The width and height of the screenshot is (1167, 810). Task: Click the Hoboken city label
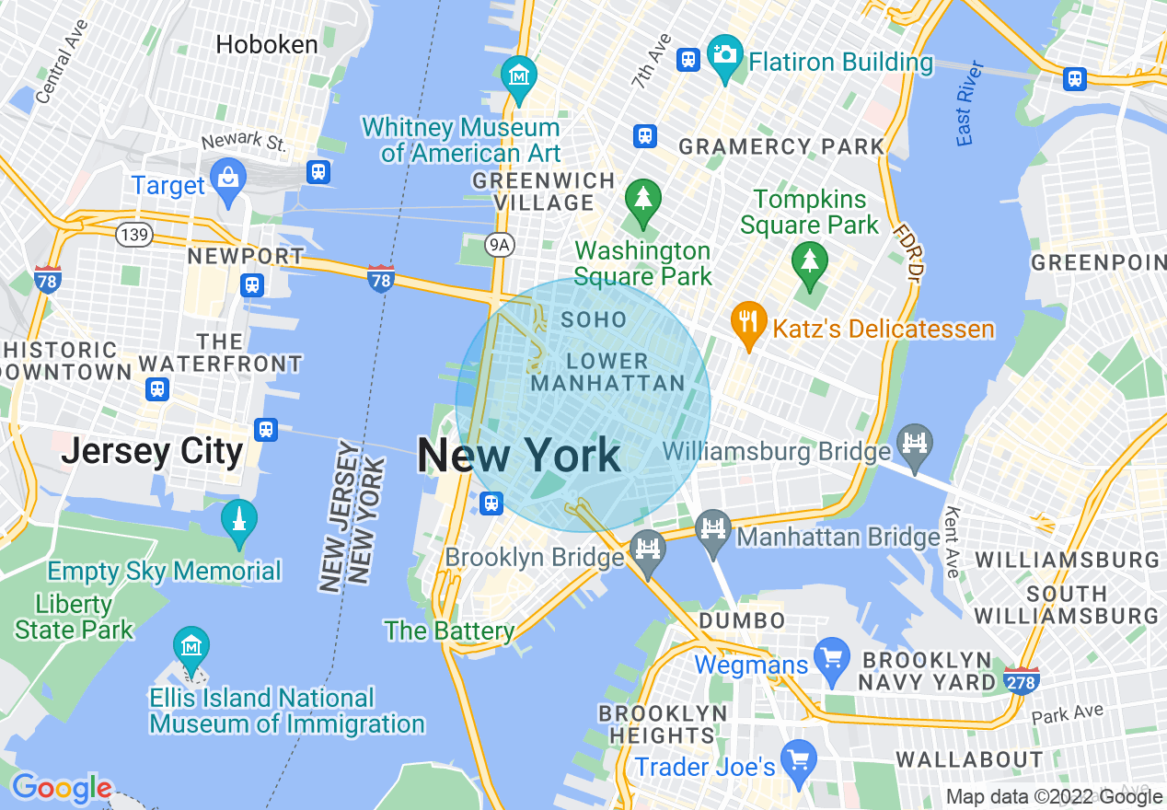(267, 44)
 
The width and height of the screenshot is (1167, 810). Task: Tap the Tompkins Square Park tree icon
(808, 260)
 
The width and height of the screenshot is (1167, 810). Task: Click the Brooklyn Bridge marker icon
(649, 550)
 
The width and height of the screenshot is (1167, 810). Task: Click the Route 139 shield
(134, 235)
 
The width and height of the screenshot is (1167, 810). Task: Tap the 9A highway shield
(498, 243)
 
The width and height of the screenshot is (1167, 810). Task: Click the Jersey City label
(152, 452)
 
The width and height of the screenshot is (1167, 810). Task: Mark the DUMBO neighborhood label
(742, 620)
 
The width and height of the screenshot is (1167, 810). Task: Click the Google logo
(62, 788)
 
